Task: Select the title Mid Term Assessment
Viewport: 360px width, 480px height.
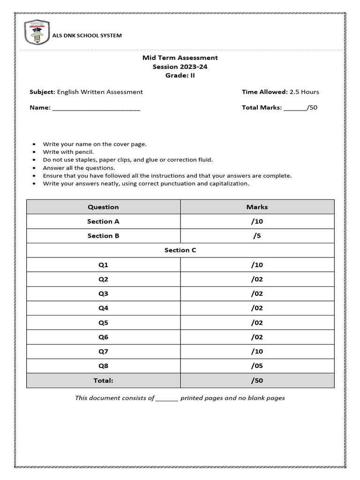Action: (x=180, y=58)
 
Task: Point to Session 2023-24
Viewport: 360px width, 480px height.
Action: (x=180, y=67)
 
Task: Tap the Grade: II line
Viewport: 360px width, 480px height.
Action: (x=180, y=75)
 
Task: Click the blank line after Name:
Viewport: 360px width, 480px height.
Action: (x=96, y=108)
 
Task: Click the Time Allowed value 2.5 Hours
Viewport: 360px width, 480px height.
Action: (x=304, y=92)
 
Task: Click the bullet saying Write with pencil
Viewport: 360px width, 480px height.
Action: (x=68, y=152)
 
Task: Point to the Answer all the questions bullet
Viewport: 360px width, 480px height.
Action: (x=79, y=168)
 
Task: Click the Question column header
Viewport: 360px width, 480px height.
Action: (x=103, y=207)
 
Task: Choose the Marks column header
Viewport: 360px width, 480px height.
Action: (x=257, y=207)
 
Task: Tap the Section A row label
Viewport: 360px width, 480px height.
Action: (x=103, y=221)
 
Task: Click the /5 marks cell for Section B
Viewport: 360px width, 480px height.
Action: (x=257, y=236)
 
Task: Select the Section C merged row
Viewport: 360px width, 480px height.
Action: (x=180, y=250)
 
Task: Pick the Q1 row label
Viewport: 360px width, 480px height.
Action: (x=103, y=265)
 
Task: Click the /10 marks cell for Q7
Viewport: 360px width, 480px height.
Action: (x=257, y=352)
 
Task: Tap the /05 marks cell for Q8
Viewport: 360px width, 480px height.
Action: (x=257, y=366)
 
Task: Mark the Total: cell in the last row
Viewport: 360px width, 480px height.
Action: (x=103, y=381)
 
